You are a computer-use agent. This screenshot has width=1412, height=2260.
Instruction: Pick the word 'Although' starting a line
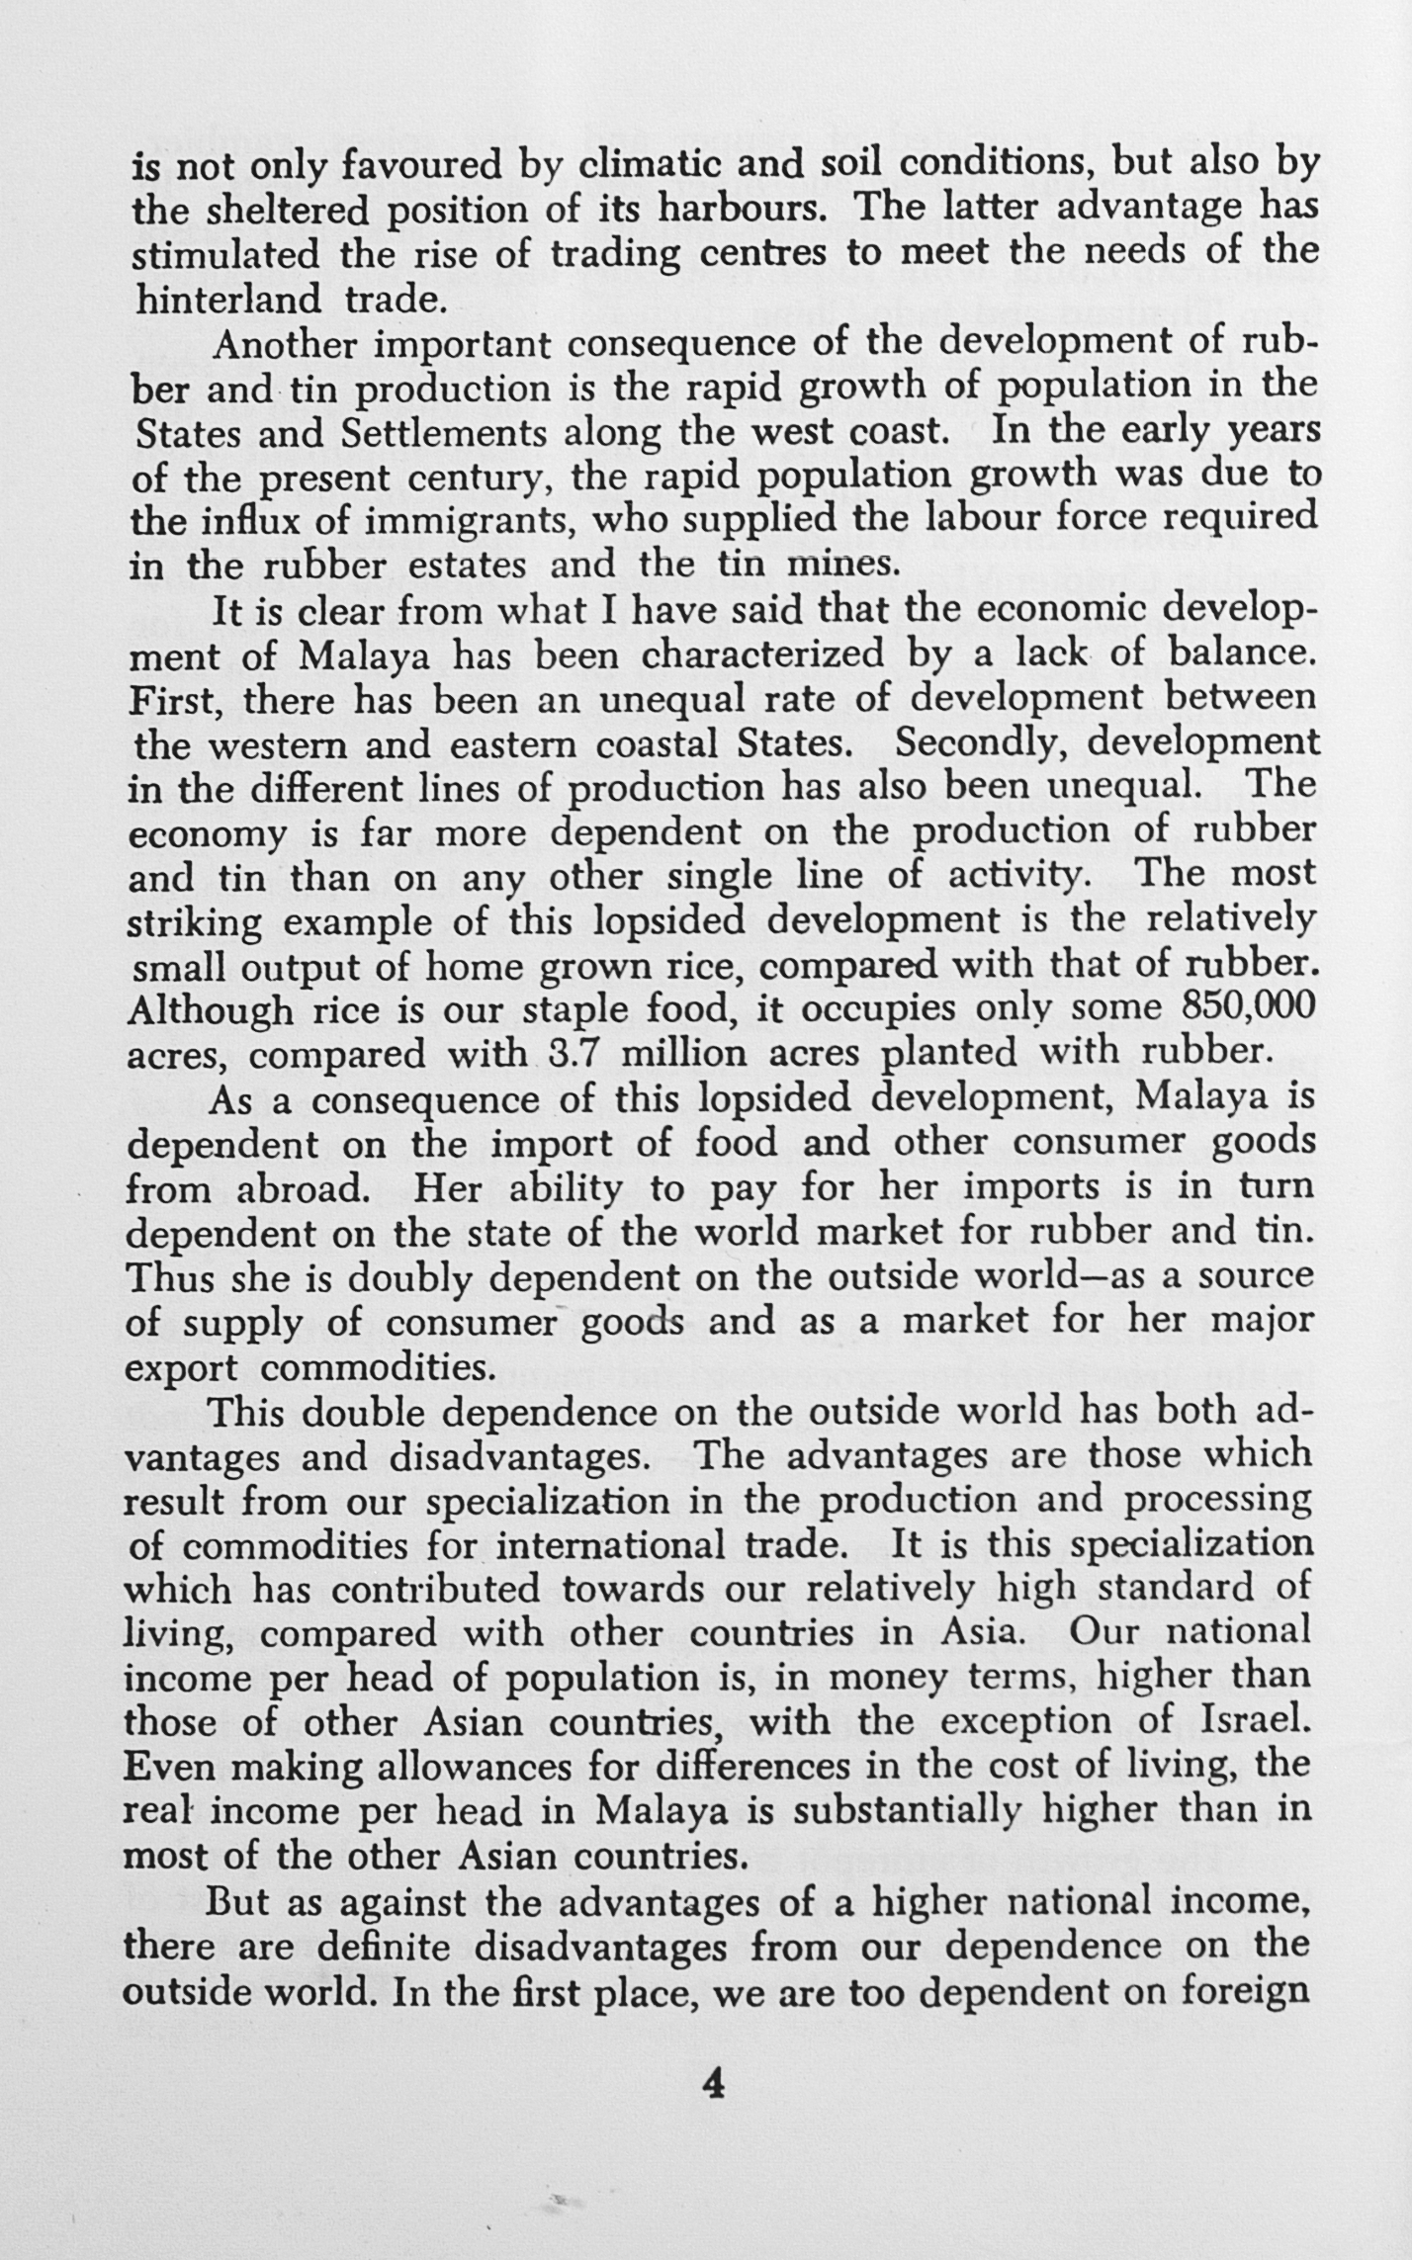[x=211, y=1010]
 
